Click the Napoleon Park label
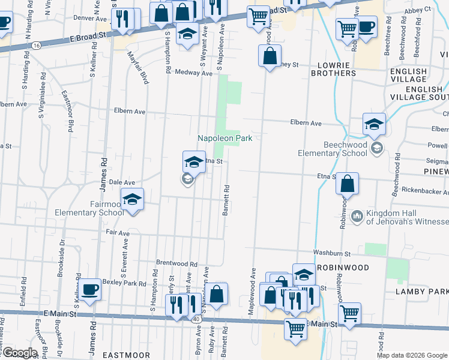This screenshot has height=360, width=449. (x=225, y=138)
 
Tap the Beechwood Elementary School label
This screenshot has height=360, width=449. (x=332, y=149)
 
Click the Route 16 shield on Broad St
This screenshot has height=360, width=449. (x=37, y=46)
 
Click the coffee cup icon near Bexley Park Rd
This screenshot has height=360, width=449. (x=91, y=289)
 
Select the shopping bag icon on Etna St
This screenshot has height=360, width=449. (x=348, y=184)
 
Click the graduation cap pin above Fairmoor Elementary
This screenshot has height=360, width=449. (x=132, y=199)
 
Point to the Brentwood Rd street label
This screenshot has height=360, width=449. (x=176, y=263)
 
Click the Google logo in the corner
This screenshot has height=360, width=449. (x=19, y=353)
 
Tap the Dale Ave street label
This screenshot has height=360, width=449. (x=122, y=182)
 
